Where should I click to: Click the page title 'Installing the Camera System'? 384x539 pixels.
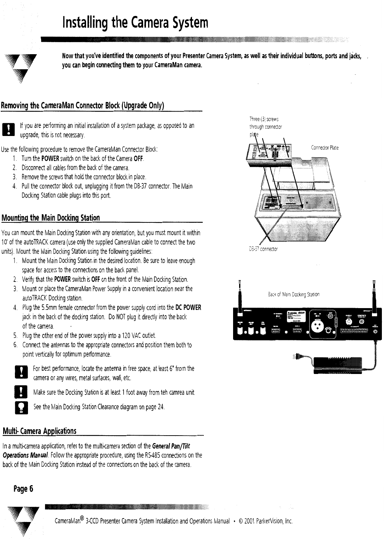coord(135,23)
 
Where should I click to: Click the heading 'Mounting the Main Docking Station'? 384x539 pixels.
coord(51,217)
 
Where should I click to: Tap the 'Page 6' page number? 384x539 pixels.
coord(23,489)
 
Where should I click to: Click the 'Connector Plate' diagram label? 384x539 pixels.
coord(324,148)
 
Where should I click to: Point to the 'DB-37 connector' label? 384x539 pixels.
coord(264,249)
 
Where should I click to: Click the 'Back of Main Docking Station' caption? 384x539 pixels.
coord(294,294)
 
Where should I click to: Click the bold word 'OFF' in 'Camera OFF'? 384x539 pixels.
coord(138,158)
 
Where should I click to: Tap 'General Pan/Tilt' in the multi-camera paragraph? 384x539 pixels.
coord(173,445)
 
